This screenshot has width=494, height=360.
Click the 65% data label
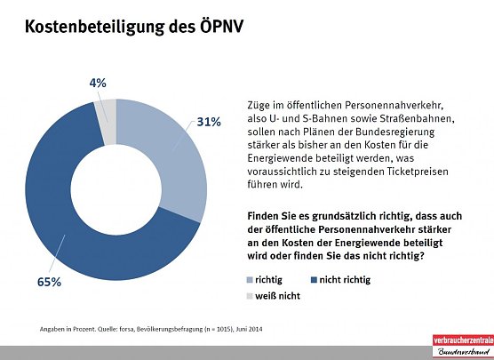tap(49, 282)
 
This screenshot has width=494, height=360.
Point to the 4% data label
tap(99, 83)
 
